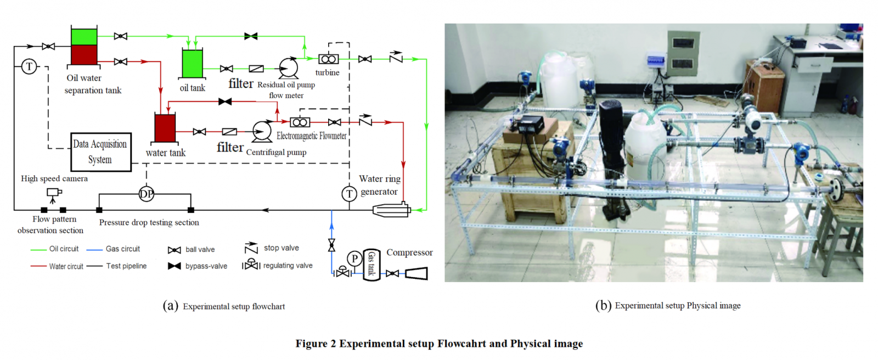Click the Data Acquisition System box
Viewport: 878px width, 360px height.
pos(101,152)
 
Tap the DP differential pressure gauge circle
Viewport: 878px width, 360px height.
pos(146,194)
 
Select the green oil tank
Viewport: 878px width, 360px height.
pos(192,63)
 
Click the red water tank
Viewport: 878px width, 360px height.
pos(165,128)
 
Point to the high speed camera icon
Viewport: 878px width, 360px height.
pos(54,194)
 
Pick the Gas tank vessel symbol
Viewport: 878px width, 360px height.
pos(371,265)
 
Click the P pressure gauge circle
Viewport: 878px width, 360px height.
pos(354,258)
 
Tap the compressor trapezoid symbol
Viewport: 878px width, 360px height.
pos(416,273)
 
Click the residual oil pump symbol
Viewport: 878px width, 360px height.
pos(289,67)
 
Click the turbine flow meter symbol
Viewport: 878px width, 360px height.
pos(329,59)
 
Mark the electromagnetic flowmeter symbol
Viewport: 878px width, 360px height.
pos(300,122)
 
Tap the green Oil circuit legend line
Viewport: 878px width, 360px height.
pos(38,249)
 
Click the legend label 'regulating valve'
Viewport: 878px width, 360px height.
pos(288,266)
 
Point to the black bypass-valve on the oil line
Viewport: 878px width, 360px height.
pos(251,36)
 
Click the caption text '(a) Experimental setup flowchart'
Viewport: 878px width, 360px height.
pos(224,306)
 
